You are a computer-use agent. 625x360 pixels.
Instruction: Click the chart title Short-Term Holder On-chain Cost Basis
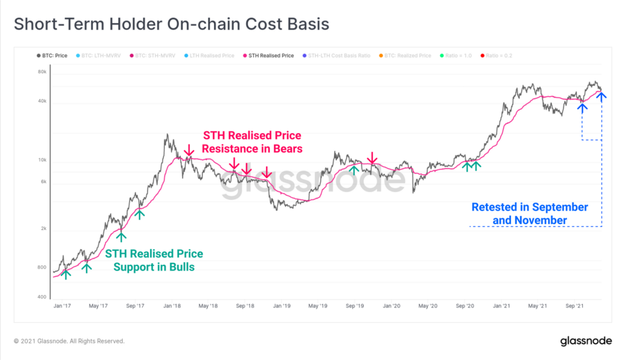point(172,24)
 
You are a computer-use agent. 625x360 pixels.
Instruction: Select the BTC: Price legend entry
point(54,56)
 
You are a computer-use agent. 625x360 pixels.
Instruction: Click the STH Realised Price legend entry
point(270,56)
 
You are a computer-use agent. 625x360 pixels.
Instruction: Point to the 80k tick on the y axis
point(42,73)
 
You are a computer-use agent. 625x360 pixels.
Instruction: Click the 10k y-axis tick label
point(42,161)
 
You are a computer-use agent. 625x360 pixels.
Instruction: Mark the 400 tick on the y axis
point(42,297)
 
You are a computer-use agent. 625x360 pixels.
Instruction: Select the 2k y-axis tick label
point(43,229)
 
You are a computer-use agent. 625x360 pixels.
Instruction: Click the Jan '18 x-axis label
point(172,306)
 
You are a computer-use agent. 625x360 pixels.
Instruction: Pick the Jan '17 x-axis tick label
point(63,306)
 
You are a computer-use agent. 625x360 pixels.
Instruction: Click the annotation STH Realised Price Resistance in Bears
point(251,142)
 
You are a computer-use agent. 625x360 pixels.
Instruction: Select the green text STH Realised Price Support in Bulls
point(154,260)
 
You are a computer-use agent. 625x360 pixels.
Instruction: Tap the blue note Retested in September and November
point(530,214)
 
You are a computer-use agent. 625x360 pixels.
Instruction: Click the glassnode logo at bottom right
point(586,341)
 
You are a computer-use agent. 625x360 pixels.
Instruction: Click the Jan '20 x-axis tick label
point(391,306)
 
